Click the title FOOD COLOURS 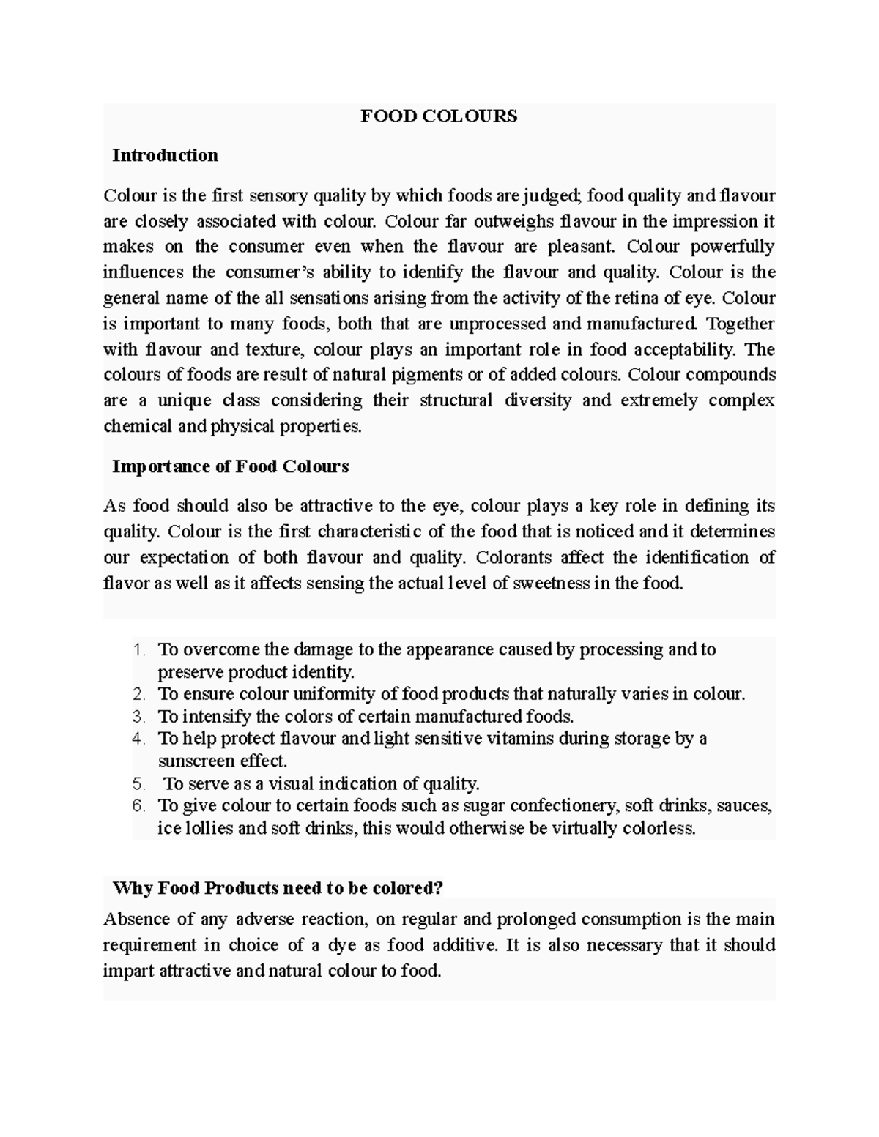click(x=439, y=116)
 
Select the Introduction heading click(x=165, y=155)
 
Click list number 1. click(x=140, y=650)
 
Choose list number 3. click(x=140, y=716)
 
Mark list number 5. click(x=140, y=783)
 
